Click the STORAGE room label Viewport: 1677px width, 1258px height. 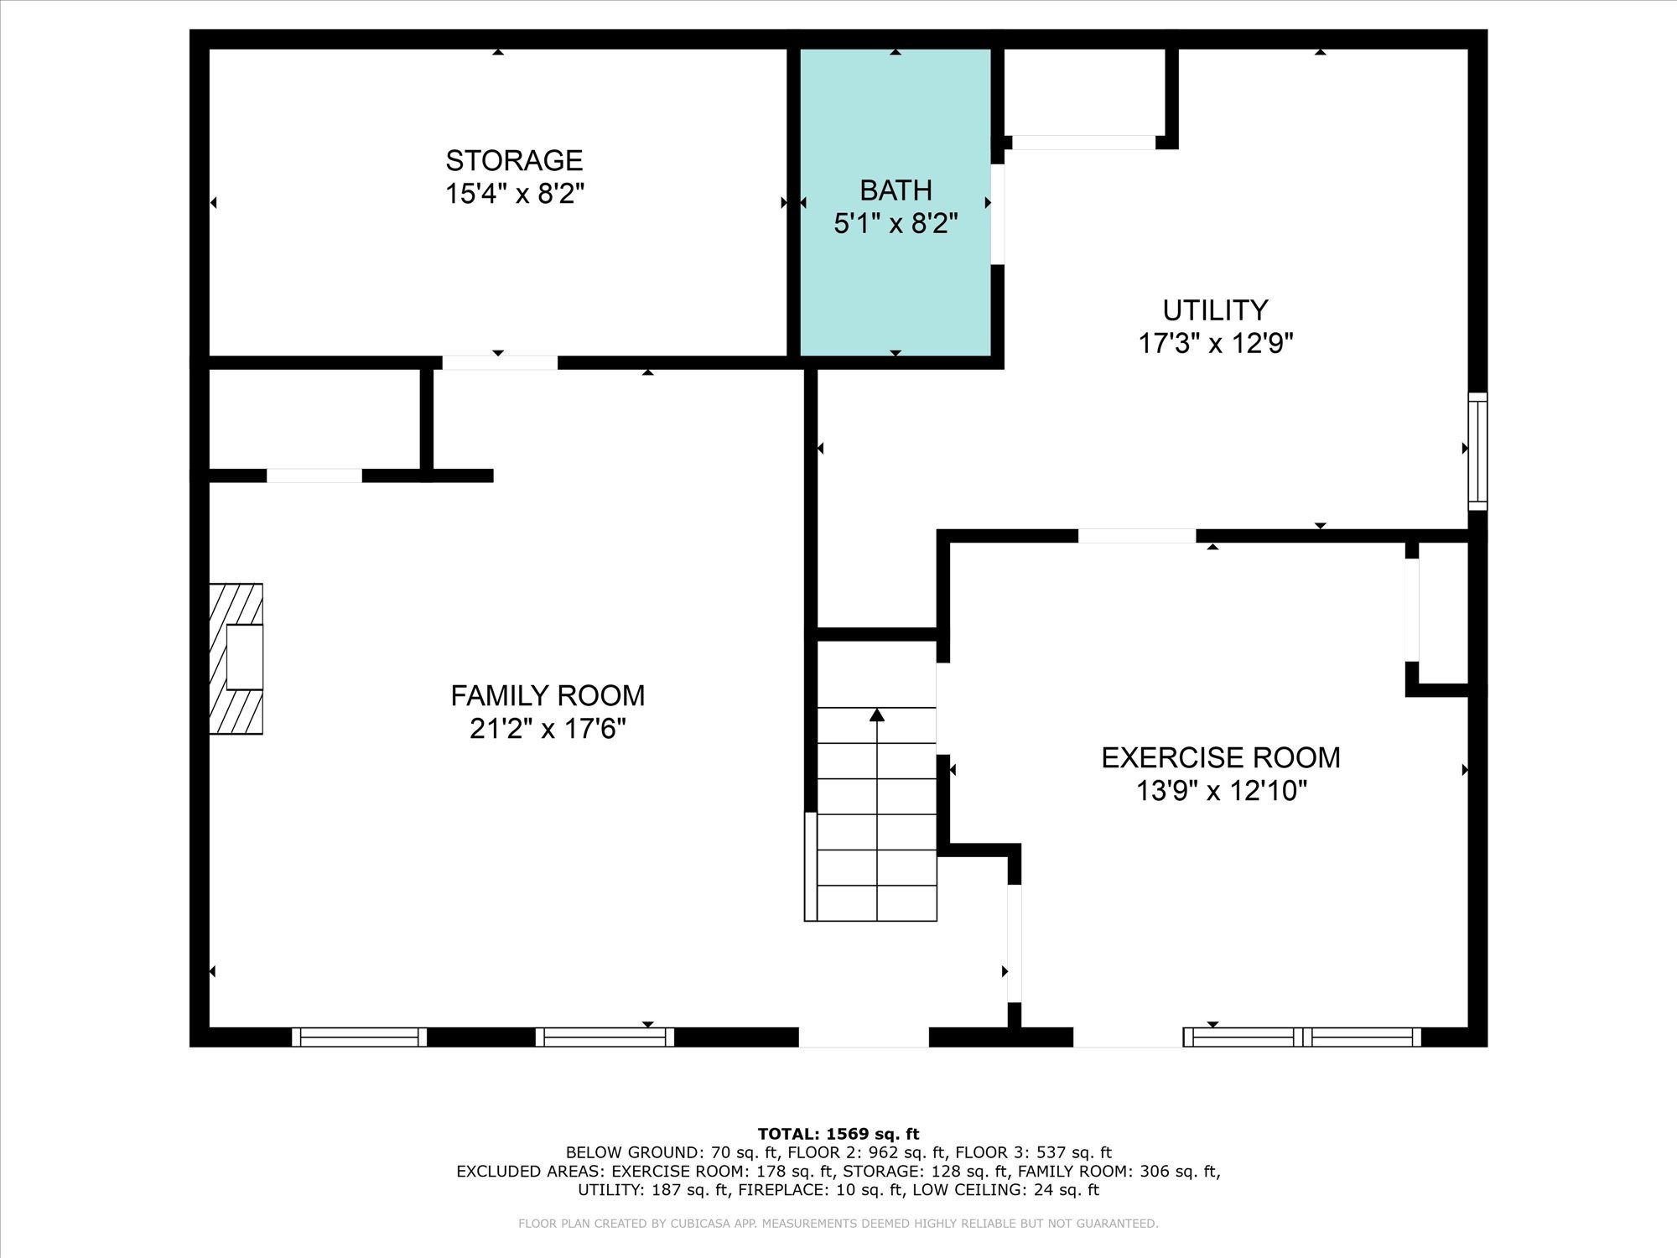tap(514, 160)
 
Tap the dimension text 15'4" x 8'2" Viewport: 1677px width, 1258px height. tap(514, 194)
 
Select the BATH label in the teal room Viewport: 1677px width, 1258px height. tap(896, 190)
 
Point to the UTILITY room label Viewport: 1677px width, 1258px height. tap(1215, 310)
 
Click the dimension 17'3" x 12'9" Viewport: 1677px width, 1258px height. tap(1215, 344)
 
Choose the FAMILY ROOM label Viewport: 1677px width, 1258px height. tap(548, 695)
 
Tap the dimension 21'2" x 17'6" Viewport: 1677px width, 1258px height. tap(548, 729)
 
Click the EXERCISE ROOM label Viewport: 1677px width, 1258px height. tap(1220, 757)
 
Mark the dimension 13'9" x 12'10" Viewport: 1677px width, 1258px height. tap(1220, 791)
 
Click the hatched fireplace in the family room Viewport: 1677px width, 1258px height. tap(236, 658)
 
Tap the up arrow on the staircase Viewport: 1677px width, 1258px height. tap(877, 715)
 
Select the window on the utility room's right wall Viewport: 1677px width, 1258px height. tap(1477, 451)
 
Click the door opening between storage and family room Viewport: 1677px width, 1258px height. tap(500, 363)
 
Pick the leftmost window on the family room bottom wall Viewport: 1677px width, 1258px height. tap(359, 1037)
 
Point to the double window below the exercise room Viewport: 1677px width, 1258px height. tap(1302, 1037)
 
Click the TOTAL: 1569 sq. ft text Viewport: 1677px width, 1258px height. tap(838, 1134)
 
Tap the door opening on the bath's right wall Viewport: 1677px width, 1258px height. tap(998, 214)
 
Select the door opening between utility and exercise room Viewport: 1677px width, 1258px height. tap(1136, 536)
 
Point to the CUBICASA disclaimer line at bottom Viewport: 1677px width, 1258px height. tap(838, 1224)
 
